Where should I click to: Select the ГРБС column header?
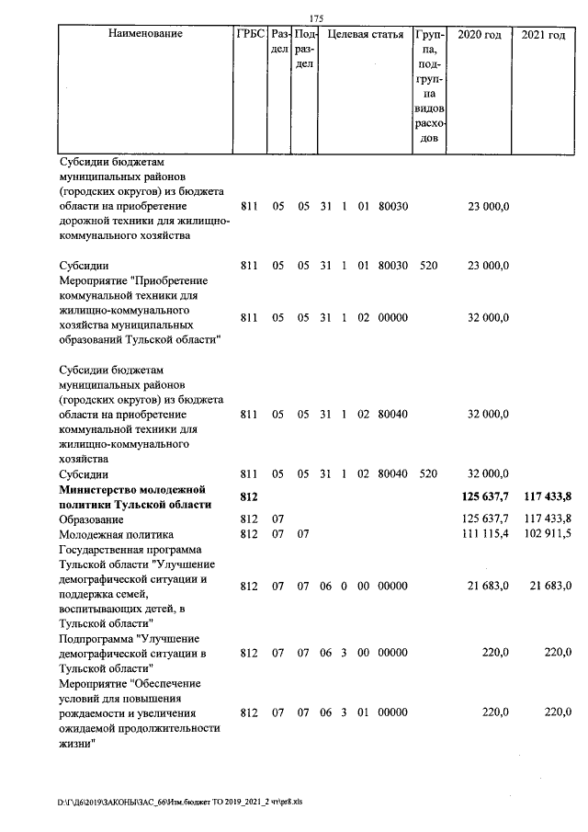click(x=250, y=35)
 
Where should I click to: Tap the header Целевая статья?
click(x=366, y=35)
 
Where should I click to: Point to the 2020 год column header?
click(x=480, y=35)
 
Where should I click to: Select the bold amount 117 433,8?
click(x=548, y=496)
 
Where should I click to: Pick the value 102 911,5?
click(x=548, y=534)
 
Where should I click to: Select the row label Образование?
click(x=97, y=519)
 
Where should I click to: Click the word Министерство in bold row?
click(x=100, y=489)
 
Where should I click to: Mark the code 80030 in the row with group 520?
click(x=393, y=266)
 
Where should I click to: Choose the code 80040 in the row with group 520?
click(x=393, y=473)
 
